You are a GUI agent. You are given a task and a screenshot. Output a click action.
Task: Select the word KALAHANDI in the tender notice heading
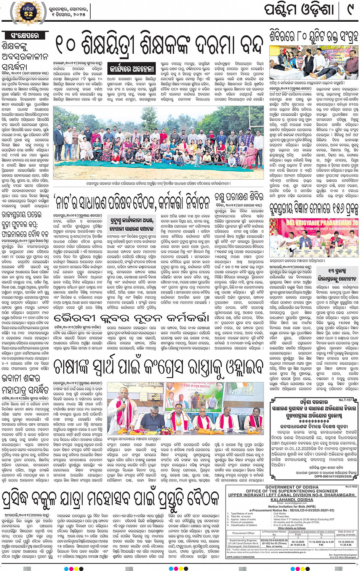point(284,499)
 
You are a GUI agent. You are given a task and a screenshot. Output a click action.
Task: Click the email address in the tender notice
point(291,503)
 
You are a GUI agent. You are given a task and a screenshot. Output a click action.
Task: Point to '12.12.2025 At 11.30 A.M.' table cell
point(346,542)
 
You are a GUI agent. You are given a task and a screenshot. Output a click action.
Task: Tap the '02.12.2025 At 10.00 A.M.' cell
point(298,542)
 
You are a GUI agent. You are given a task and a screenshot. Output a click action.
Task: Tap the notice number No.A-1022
point(351,486)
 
